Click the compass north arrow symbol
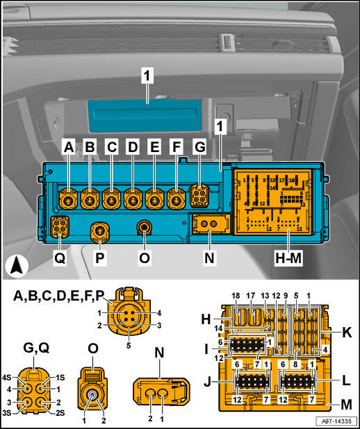pyautogui.click(x=17, y=264)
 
